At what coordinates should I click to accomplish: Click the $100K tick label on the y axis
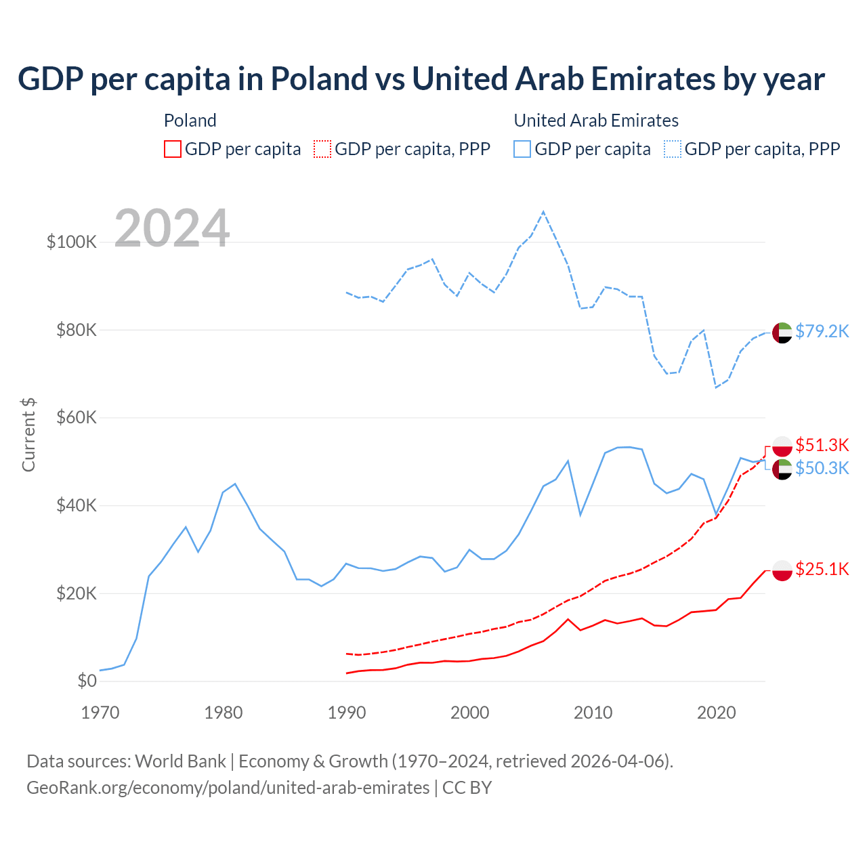click(x=72, y=242)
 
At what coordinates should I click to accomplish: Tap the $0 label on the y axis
click(x=87, y=681)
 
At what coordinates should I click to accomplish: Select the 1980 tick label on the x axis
click(x=224, y=713)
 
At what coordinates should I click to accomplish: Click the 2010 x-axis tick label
click(x=593, y=713)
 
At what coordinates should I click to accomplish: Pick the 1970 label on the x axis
click(x=100, y=713)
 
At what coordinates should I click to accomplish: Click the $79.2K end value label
click(x=822, y=331)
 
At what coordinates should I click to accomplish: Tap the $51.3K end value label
click(x=822, y=445)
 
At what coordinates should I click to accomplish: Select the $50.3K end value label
click(x=822, y=468)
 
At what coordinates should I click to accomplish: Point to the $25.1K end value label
click(x=822, y=569)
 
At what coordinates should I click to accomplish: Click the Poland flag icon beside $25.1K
click(x=782, y=570)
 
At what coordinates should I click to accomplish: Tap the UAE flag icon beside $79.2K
click(x=782, y=333)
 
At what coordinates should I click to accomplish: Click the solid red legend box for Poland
click(x=173, y=149)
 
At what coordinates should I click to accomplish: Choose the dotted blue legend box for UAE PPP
click(x=673, y=149)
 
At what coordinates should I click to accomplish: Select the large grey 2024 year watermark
click(x=172, y=228)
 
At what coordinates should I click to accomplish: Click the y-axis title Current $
click(x=28, y=435)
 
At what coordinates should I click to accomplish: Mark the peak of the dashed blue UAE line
click(x=543, y=212)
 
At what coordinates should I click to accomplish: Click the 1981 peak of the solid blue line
click(x=235, y=484)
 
